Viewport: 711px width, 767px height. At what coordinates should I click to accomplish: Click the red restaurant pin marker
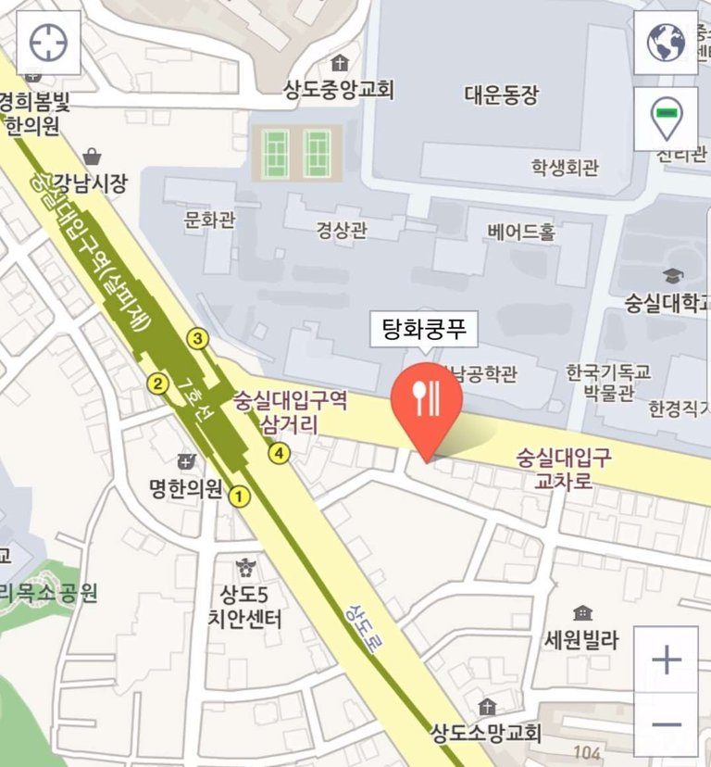(x=427, y=398)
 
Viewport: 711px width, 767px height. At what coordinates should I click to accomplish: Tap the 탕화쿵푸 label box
(x=424, y=329)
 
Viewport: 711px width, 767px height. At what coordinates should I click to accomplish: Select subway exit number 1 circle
(x=240, y=497)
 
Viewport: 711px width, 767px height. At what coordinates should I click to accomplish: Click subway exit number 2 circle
(x=158, y=383)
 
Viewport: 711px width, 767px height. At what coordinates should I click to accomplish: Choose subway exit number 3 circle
(x=197, y=338)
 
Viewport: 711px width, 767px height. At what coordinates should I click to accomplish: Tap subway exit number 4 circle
(x=279, y=453)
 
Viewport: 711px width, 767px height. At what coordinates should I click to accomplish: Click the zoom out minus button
(x=666, y=723)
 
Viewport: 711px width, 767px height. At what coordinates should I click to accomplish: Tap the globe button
(x=666, y=43)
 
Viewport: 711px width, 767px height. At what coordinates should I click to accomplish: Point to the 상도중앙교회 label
(x=339, y=90)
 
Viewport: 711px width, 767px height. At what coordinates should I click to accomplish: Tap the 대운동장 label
(x=501, y=94)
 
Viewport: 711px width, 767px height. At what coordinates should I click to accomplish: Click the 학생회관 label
(x=565, y=168)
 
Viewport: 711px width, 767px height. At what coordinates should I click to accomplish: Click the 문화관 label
(x=210, y=220)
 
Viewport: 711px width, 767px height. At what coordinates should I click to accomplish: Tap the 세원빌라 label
(x=581, y=639)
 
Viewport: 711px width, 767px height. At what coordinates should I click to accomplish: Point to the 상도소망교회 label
(x=485, y=734)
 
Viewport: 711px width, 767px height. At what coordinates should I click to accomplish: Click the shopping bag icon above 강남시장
(x=92, y=157)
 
